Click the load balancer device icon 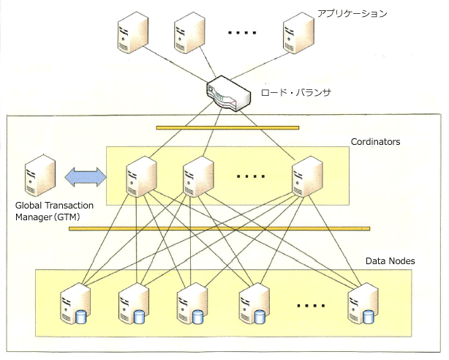[228, 94]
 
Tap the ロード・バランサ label [296, 93]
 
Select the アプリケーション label [352, 13]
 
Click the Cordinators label [375, 142]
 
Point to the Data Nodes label [390, 260]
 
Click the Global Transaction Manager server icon [40, 175]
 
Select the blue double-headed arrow [86, 177]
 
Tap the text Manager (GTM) [48, 217]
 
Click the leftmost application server [133, 32]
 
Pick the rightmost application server [298, 32]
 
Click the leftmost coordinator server [141, 176]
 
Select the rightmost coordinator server [307, 176]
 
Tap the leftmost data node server [75, 303]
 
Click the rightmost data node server [363, 303]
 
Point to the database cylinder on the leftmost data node [80, 317]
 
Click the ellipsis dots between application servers [242, 33]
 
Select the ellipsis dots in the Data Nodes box [311, 306]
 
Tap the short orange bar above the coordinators [227, 128]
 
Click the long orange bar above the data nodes [219, 229]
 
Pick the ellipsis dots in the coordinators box [251, 176]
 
